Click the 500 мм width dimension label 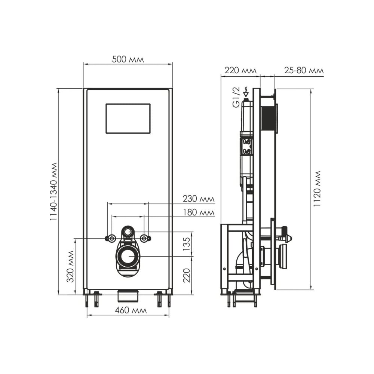pos(128,59)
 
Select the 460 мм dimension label pos(131,310)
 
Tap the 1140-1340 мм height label pos(53,191)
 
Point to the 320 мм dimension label pos(70,266)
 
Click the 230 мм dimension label pos(199,199)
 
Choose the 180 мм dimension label pos(199,212)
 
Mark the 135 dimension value pos(187,244)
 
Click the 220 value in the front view pos(187,275)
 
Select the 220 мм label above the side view pos(240,70)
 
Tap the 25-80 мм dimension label pos(304,70)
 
